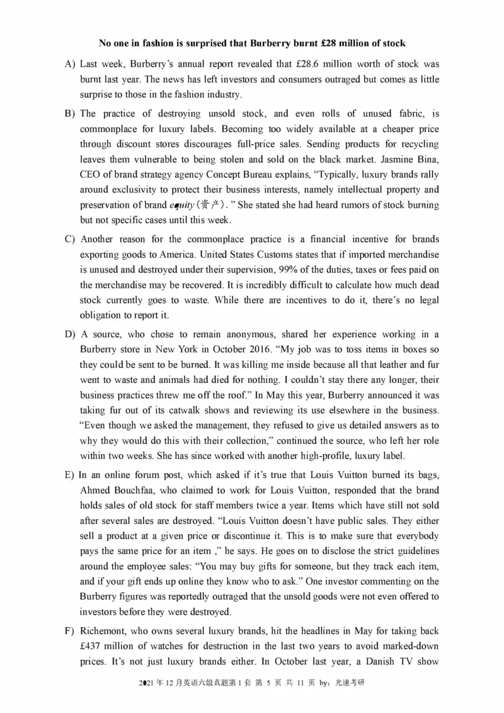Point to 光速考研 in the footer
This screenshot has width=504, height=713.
(348, 683)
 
